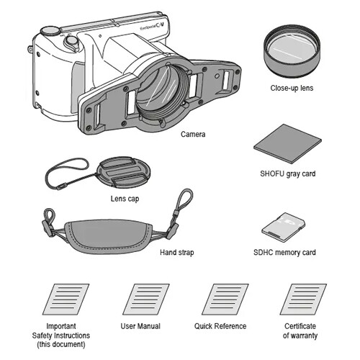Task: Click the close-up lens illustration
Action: click(x=292, y=51)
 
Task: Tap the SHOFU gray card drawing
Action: click(x=287, y=144)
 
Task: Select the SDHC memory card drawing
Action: click(x=284, y=227)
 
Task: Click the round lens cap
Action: click(x=123, y=172)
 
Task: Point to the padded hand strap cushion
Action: click(x=109, y=236)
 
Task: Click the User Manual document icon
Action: click(x=146, y=300)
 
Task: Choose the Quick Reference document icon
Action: click(x=225, y=300)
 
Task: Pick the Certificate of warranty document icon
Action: click(x=303, y=300)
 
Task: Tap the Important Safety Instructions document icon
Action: click(x=66, y=300)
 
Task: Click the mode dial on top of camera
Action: click(x=50, y=31)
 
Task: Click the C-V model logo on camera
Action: click(x=160, y=26)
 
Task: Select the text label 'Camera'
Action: click(x=193, y=134)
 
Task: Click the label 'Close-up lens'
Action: click(x=292, y=88)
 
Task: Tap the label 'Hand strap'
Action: click(x=177, y=253)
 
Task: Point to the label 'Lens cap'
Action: click(x=125, y=199)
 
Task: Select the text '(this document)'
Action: click(x=61, y=344)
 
